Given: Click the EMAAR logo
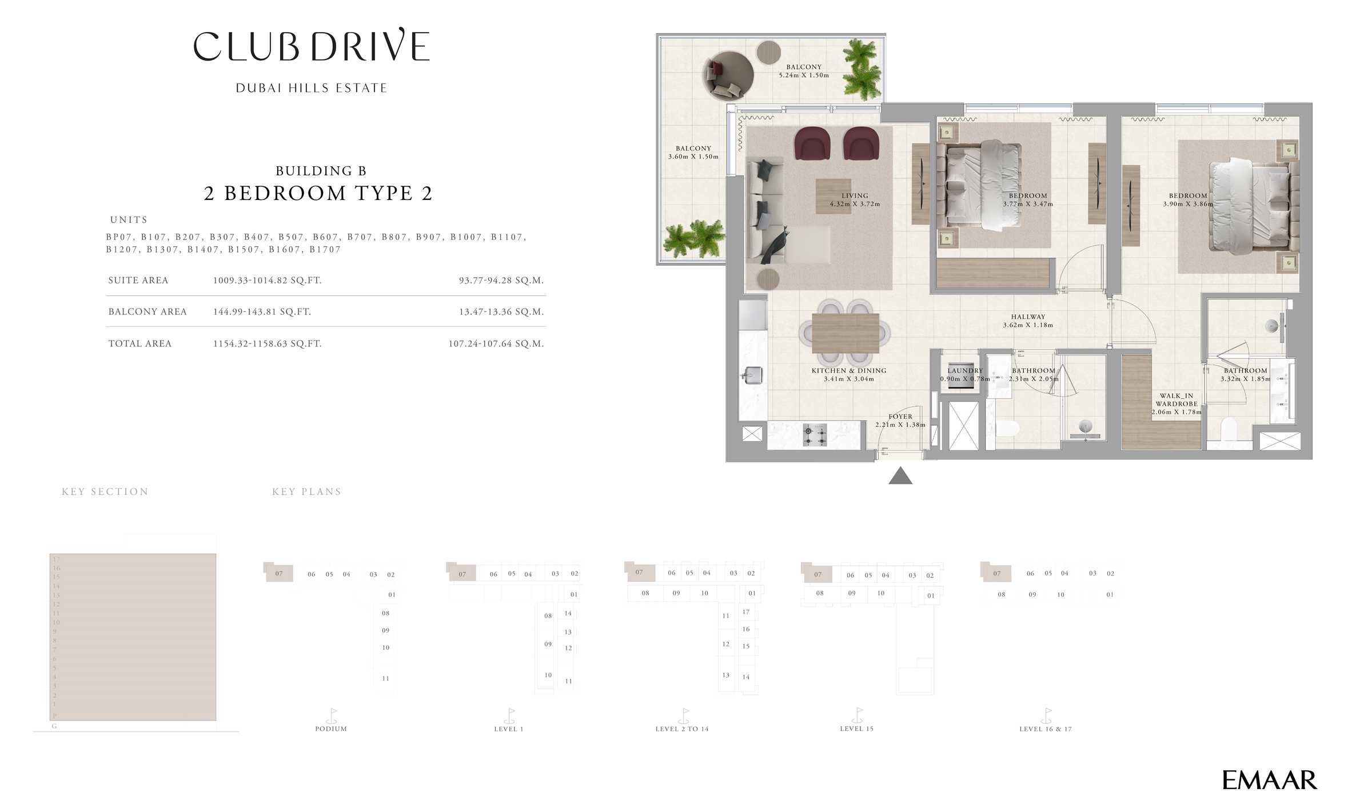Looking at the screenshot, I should pos(1269,780).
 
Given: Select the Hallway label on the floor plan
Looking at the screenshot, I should pos(1027,317).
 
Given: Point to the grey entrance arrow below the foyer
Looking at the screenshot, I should pos(900,476).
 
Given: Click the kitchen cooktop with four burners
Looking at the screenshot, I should pos(815,435).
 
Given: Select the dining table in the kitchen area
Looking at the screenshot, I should pos(845,333).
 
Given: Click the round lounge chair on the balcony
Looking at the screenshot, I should pos(727,75).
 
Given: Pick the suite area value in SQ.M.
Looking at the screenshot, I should pos(501,281).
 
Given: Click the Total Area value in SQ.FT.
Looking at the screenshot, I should pos(267,344).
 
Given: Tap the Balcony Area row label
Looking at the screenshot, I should pos(147,312).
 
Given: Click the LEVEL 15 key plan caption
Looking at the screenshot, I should pos(856,729).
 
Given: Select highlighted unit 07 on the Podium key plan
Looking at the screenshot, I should pos(279,573).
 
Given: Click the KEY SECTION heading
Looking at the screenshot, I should pos(105,491).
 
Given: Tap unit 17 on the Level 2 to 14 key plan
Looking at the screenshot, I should pos(745,612).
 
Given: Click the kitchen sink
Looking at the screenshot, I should pos(753,375).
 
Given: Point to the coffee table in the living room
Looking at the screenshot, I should pos(832,197).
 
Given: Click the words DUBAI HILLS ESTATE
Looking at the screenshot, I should pos(312,88).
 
